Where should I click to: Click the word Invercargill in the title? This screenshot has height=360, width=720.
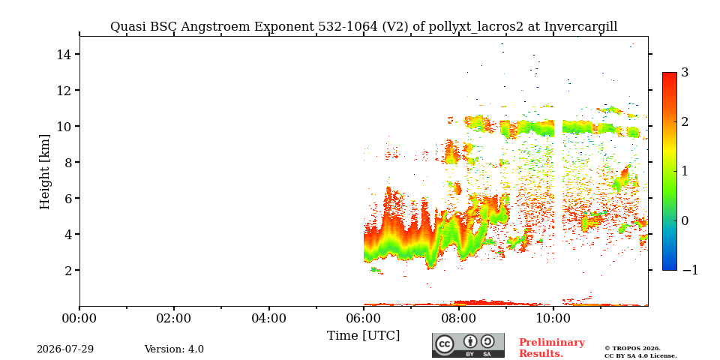pyautogui.click(x=580, y=27)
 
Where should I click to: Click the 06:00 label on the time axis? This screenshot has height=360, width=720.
pyautogui.click(x=363, y=318)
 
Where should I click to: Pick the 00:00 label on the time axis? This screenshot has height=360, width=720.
pyautogui.click(x=79, y=318)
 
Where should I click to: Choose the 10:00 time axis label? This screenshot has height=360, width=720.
pyautogui.click(x=553, y=318)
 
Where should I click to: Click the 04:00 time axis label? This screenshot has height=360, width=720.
pyautogui.click(x=268, y=318)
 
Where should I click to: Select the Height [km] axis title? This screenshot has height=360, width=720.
pyautogui.click(x=44, y=172)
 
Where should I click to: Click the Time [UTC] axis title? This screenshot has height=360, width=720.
pyautogui.click(x=363, y=336)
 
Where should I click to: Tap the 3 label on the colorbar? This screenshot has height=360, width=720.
pyautogui.click(x=685, y=72)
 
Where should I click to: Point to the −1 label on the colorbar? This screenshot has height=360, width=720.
pyautogui.click(x=690, y=270)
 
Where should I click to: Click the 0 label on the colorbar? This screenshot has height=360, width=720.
pyautogui.click(x=685, y=220)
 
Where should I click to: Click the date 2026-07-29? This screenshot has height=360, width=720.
pyautogui.click(x=65, y=349)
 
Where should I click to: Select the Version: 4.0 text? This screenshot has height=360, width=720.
pyautogui.click(x=174, y=349)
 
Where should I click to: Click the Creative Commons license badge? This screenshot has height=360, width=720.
pyautogui.click(x=468, y=345)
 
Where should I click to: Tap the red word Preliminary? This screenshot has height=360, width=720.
pyautogui.click(x=552, y=343)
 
